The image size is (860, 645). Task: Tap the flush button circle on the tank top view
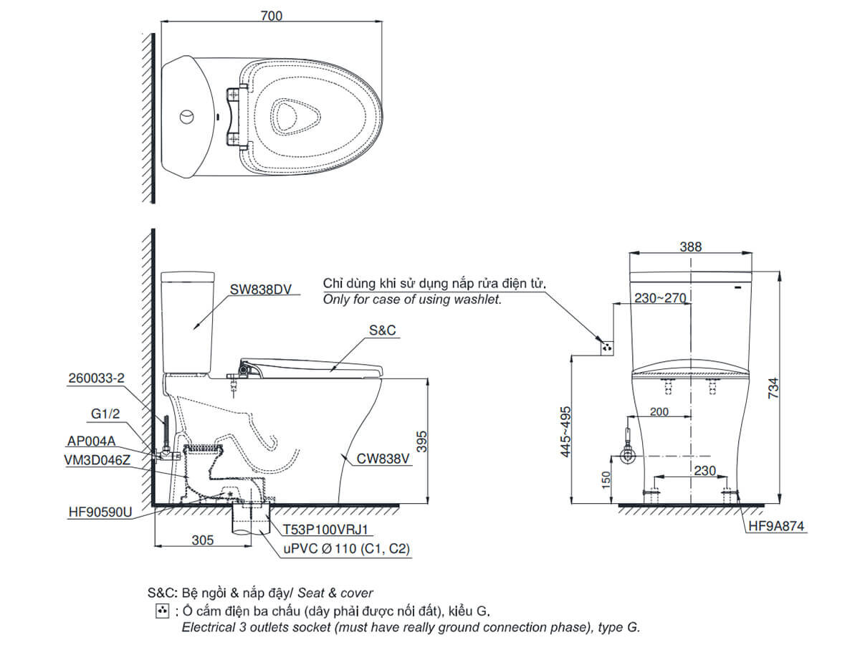(x=186, y=115)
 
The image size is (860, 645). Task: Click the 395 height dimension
(x=422, y=440)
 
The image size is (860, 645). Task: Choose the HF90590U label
(x=100, y=513)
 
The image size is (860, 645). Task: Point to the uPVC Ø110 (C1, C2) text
(x=343, y=549)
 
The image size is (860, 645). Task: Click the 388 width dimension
(x=691, y=247)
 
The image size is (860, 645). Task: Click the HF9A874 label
(x=777, y=526)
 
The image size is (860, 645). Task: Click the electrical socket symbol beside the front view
(x=608, y=347)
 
